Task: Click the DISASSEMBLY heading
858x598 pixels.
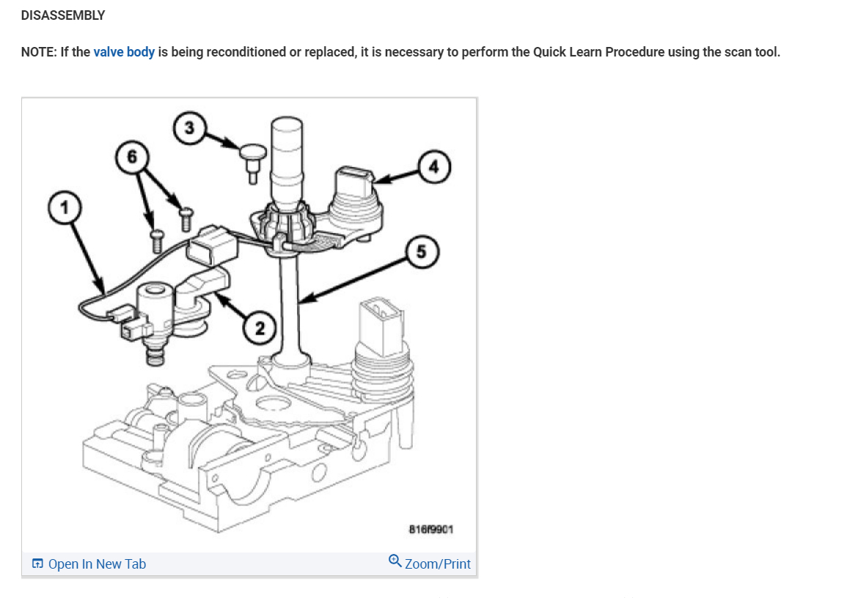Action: (x=63, y=15)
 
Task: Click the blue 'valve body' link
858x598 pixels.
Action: (x=124, y=53)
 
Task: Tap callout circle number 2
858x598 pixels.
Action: (x=260, y=327)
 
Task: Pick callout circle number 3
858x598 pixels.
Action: (x=189, y=128)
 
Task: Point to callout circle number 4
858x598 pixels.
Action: (x=434, y=166)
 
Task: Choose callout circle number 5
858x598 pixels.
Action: (x=420, y=252)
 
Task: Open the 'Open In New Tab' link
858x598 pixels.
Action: (x=97, y=564)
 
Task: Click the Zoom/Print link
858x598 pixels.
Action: (x=438, y=564)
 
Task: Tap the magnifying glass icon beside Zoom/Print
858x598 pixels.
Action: (x=395, y=563)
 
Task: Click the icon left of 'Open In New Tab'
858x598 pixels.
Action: (x=37, y=564)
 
